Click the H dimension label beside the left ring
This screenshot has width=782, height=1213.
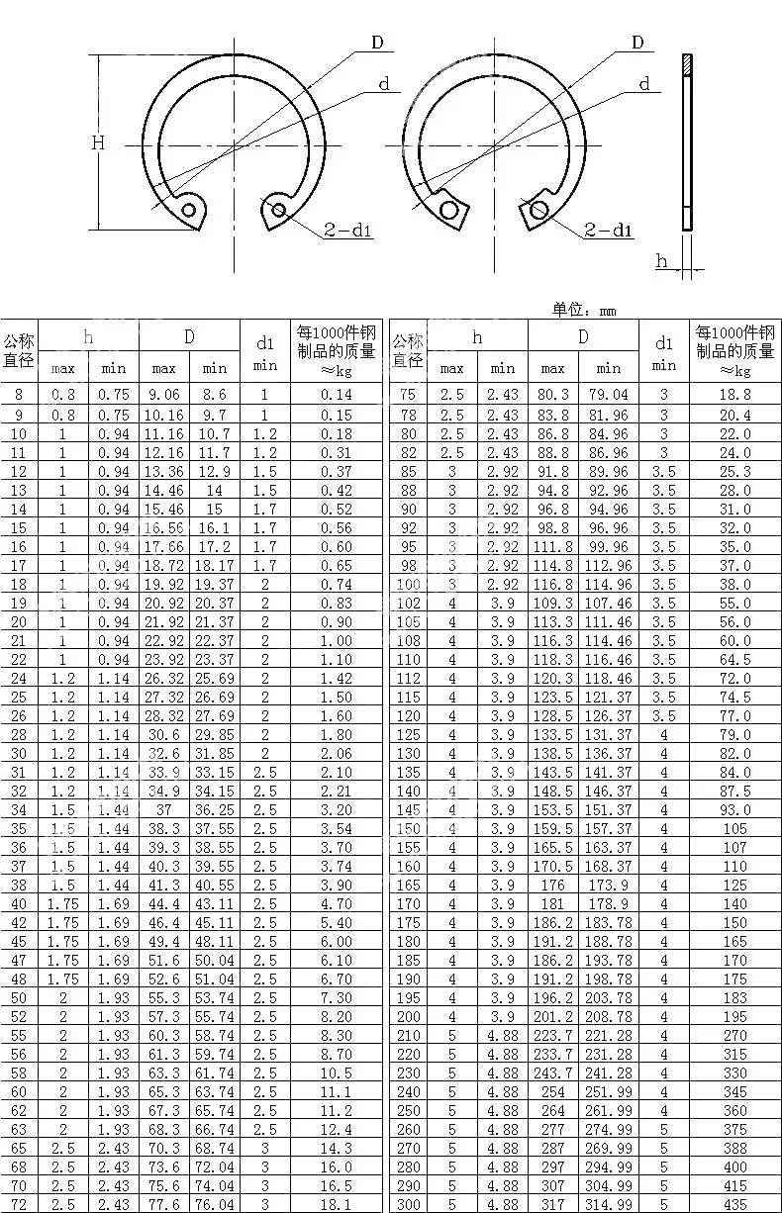click(x=98, y=142)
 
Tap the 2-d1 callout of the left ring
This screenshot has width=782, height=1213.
click(x=347, y=232)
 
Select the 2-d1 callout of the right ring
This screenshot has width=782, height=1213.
click(x=608, y=232)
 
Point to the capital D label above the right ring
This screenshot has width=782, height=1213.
click(x=638, y=42)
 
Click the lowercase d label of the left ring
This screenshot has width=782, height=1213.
click(x=384, y=84)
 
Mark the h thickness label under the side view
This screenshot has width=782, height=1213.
click(x=661, y=261)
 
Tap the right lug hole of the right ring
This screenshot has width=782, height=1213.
click(x=538, y=209)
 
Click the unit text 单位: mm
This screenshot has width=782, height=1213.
click(x=584, y=310)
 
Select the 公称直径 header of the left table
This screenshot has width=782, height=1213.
click(x=19, y=350)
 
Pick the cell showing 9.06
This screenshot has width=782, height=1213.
click(x=163, y=395)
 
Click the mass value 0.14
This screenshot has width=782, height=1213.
click(x=337, y=395)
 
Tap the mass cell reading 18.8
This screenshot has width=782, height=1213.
click(x=734, y=395)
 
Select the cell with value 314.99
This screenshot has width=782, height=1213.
click(x=609, y=1204)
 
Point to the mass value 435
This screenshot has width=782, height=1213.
click(x=734, y=1204)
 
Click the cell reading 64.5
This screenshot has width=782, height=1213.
click(x=734, y=659)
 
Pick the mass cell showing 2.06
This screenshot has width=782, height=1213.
click(x=337, y=753)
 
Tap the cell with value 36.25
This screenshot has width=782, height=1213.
click(x=214, y=809)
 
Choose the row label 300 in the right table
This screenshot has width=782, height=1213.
click(x=408, y=1204)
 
